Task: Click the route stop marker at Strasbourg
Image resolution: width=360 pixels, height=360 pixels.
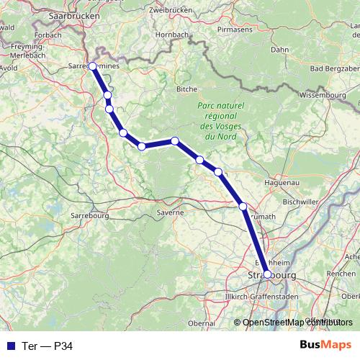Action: (x=267, y=274)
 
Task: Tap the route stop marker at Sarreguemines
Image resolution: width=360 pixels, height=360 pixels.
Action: (x=92, y=66)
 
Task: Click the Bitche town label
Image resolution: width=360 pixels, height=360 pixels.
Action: (x=186, y=89)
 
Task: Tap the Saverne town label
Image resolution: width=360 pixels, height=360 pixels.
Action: (x=170, y=212)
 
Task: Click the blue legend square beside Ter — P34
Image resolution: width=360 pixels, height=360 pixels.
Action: (x=10, y=346)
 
